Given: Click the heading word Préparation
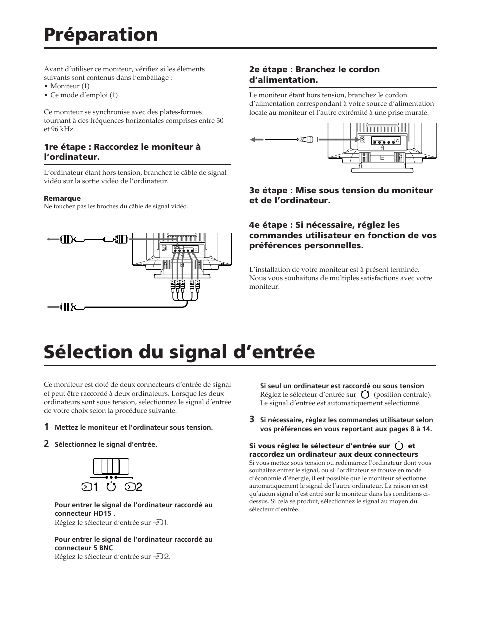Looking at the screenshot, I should (101, 35).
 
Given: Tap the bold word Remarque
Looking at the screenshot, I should (62, 198).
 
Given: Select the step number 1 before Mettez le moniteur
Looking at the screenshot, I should (46, 427).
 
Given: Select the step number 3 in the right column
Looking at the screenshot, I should (252, 419).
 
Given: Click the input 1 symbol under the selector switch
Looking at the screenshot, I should (90, 486).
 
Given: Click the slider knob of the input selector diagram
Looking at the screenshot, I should (111, 466).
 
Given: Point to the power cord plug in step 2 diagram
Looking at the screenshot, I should (307, 140).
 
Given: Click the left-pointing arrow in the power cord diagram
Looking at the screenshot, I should (256, 140).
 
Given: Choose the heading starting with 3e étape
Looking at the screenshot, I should (341, 195).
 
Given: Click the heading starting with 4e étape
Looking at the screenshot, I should (343, 235).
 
